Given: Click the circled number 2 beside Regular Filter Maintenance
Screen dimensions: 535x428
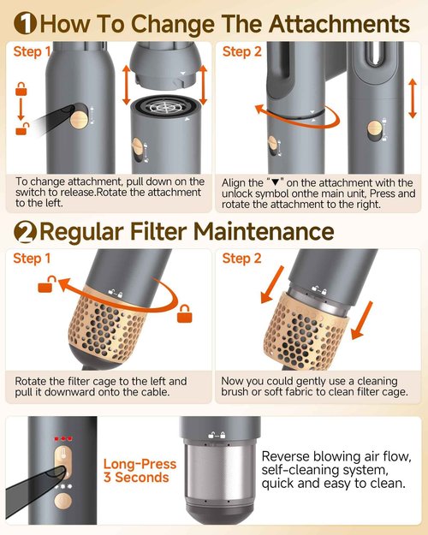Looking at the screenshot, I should point(23,231).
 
